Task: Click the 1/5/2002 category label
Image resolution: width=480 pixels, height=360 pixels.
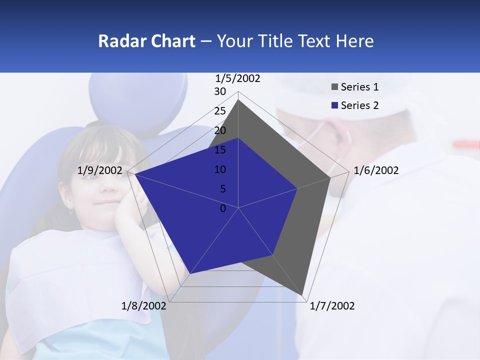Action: click(x=238, y=78)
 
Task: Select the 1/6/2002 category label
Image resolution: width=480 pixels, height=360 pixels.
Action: click(x=376, y=170)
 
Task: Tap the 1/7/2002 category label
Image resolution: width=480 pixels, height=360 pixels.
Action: click(x=332, y=306)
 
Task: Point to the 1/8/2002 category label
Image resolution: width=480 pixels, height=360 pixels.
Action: click(x=144, y=306)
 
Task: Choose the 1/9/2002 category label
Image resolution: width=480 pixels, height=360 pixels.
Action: click(x=99, y=170)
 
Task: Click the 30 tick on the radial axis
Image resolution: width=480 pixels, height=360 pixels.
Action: click(x=220, y=91)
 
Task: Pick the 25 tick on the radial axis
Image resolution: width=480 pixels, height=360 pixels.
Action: click(x=220, y=111)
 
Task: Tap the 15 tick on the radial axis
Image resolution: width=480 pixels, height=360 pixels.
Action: click(x=220, y=150)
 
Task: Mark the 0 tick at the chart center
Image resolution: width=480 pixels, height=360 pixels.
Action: click(x=223, y=208)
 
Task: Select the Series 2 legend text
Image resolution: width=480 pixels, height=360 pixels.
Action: click(x=359, y=105)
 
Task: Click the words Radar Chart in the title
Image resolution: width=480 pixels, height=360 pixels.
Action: click(x=146, y=41)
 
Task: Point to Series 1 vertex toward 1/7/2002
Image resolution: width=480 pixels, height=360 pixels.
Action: click(x=302, y=295)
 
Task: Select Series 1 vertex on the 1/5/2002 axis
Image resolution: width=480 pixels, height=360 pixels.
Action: click(x=238, y=100)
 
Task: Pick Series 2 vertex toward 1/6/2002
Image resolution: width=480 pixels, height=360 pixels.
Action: click(x=297, y=188)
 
